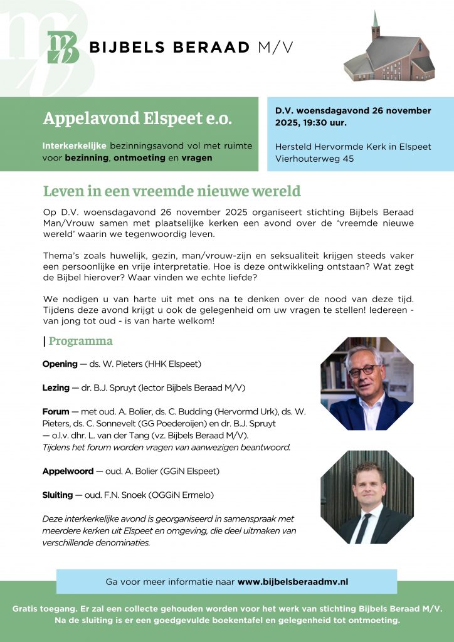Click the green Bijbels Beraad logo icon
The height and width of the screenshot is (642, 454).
63,48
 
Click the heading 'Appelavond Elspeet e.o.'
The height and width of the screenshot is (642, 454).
137,118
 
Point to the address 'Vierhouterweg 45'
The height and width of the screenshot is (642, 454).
314,159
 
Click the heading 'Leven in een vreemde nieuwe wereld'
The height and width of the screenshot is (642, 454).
172,191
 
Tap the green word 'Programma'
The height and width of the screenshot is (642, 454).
81,341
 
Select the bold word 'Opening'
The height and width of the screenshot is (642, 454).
60,364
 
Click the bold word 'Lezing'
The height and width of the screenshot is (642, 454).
56,387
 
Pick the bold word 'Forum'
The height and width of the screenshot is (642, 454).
56,412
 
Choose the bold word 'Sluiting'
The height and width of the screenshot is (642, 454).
58,495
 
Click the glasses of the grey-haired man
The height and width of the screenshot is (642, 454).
364,371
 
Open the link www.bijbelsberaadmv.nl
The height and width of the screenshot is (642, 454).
292,582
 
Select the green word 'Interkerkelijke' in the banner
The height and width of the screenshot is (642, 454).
75,145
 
